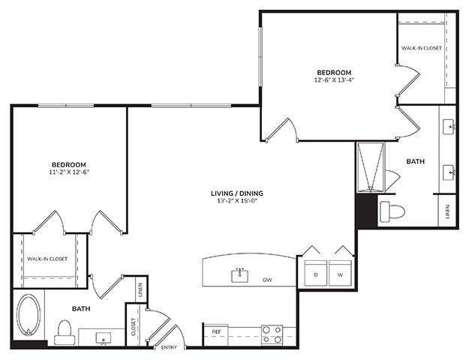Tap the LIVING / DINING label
(236, 193)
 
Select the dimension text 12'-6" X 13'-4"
(334, 80)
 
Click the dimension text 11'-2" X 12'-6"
(68, 172)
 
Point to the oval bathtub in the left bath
(30, 315)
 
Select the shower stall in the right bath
(370, 166)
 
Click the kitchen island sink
(240, 275)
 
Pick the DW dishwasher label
(267, 280)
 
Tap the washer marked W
(340, 274)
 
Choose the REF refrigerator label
(216, 331)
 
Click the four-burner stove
(272, 334)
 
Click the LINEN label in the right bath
(446, 212)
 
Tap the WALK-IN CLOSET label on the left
(47, 259)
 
